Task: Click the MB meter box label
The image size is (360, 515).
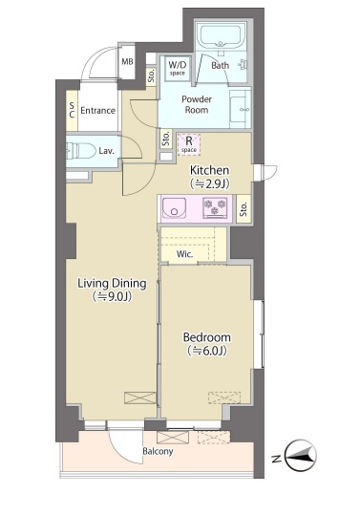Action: [127, 61]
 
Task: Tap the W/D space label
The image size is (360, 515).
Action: [178, 68]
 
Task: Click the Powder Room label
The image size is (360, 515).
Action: [197, 104]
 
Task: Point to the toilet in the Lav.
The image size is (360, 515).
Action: [76, 151]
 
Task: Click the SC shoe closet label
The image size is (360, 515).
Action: [72, 110]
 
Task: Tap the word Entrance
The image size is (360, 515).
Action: [97, 111]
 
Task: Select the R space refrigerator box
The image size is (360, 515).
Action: [189, 144]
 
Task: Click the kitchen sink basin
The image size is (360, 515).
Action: [174, 208]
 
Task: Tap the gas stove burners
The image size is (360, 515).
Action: [215, 207]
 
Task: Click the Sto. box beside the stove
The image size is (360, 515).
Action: [244, 209]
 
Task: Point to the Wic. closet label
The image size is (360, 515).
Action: [184, 254]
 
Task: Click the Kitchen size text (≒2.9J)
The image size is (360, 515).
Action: [210, 184]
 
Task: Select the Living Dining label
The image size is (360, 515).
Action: [112, 283]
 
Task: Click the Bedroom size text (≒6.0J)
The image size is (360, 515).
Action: [207, 351]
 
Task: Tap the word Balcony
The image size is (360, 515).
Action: [158, 451]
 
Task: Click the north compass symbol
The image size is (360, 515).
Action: [300, 455]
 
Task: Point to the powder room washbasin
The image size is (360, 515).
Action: [241, 109]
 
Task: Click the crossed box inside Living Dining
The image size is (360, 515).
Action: [139, 397]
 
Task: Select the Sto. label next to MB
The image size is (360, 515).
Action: [151, 76]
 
